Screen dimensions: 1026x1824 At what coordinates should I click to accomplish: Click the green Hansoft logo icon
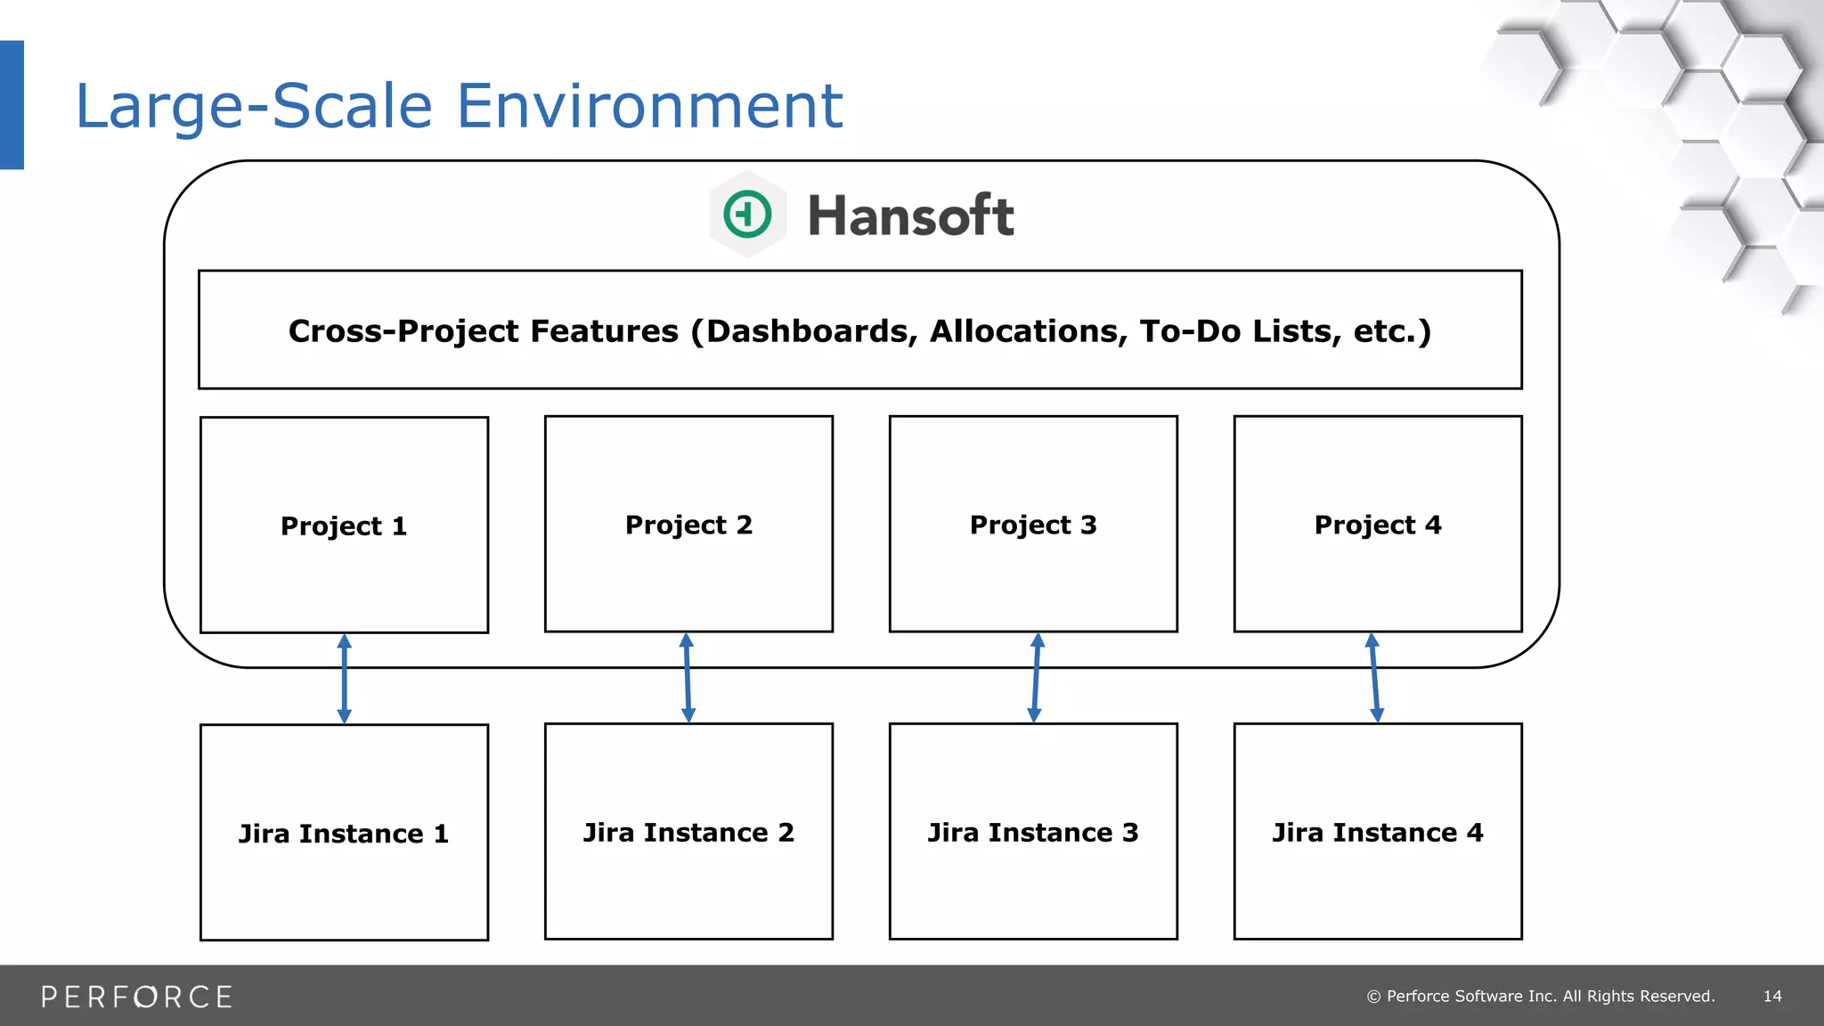[747, 215]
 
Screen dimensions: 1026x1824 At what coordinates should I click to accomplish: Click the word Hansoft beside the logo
[910, 216]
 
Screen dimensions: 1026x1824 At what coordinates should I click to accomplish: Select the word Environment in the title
[649, 106]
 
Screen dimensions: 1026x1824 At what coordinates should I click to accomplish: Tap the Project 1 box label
[344, 526]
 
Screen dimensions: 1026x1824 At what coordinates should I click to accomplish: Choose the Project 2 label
[688, 525]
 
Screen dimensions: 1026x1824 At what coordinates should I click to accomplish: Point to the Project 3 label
[1033, 525]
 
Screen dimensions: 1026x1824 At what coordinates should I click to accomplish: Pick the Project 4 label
[1377, 525]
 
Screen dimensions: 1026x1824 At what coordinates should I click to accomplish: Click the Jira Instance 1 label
[344, 834]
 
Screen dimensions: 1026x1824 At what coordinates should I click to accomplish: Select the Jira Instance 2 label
[688, 833]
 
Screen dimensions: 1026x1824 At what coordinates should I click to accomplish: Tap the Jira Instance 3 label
[1033, 833]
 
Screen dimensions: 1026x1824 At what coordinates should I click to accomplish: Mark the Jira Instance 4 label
[1377, 833]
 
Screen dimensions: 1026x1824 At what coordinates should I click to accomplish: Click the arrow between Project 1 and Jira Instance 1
[345, 679]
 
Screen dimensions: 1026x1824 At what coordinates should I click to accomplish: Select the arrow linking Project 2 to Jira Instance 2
[688, 679]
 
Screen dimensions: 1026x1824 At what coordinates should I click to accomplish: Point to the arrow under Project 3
[1036, 679]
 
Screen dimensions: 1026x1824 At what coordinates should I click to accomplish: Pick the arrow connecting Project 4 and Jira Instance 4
[1374, 679]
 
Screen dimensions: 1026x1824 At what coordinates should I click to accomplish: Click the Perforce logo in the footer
[136, 997]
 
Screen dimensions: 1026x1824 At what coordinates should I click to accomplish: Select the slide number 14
[1772, 997]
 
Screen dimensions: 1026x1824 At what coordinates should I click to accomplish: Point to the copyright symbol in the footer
[1373, 997]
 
